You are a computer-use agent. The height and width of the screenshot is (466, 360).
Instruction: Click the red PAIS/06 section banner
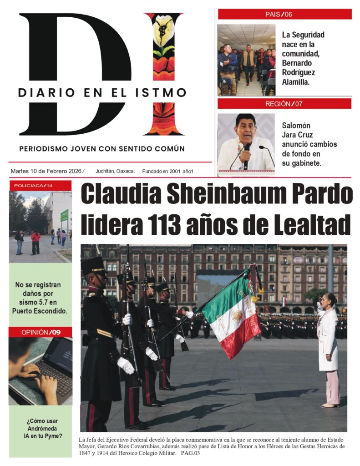(284, 14)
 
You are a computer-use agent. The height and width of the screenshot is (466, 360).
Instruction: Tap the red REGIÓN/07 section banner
(284, 104)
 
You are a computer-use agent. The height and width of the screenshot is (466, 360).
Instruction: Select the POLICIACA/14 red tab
(40, 186)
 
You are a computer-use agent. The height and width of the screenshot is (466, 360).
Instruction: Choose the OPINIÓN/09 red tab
(40, 332)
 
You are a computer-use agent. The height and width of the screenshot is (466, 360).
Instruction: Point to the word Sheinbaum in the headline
(228, 194)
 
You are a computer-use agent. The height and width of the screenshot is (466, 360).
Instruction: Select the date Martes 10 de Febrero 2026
(47, 171)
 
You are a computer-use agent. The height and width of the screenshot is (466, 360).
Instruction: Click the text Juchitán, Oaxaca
(115, 171)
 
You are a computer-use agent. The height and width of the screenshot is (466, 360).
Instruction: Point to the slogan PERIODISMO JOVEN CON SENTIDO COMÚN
(102, 149)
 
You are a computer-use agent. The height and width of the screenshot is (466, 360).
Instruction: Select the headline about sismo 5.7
(40, 298)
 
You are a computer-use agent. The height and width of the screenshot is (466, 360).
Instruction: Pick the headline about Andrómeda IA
(42, 428)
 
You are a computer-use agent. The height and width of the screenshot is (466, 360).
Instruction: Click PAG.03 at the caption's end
(190, 453)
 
